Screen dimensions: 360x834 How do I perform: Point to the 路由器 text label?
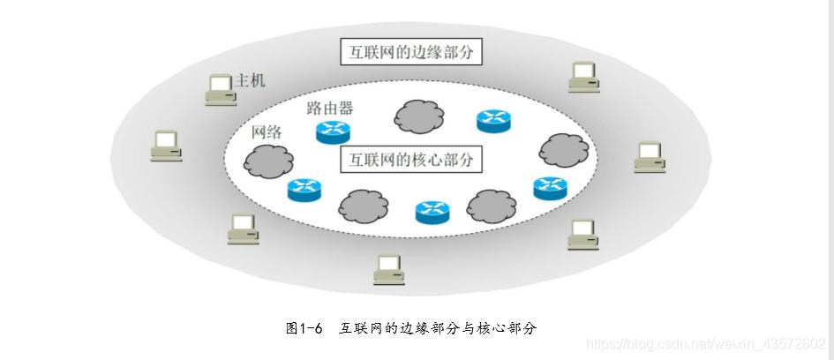[329, 109]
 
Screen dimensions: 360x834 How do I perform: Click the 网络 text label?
[267, 132]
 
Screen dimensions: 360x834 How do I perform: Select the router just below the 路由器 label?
[334, 131]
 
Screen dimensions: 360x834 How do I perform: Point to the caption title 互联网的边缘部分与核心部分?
[438, 327]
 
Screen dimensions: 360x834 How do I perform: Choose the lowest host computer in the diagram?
[387, 269]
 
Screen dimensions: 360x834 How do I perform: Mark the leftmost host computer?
[166, 146]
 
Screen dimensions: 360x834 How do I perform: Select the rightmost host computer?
[650, 158]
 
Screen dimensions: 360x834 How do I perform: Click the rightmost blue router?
[551, 188]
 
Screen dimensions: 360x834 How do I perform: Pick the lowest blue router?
[432, 212]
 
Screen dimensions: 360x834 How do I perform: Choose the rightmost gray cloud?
[564, 149]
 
